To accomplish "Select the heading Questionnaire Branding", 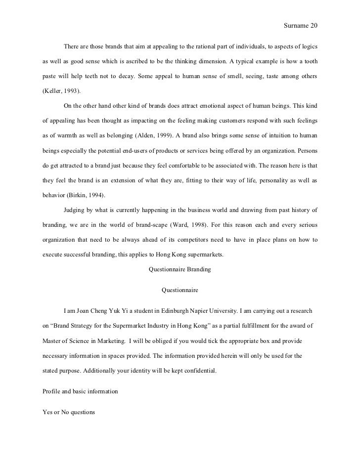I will tap(180, 269).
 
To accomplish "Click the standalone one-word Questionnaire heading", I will tap(180, 290).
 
